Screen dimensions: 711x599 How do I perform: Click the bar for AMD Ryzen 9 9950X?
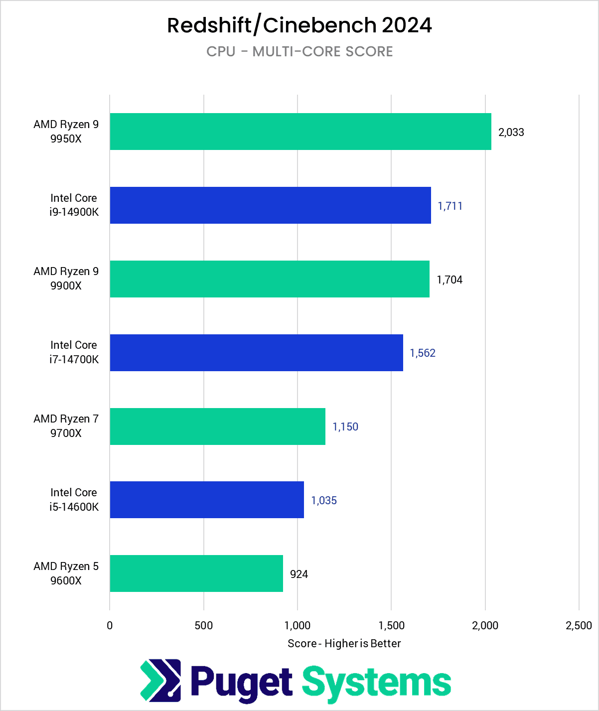click(300, 132)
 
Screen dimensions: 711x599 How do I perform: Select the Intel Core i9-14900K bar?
click(270, 205)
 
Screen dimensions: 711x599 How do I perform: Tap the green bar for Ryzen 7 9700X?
click(217, 427)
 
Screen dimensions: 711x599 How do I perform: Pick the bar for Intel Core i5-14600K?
click(207, 500)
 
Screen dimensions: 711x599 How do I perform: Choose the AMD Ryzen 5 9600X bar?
click(196, 573)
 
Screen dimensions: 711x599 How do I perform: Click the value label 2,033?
click(511, 133)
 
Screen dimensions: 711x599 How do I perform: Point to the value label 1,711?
click(450, 206)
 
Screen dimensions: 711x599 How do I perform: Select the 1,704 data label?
click(449, 280)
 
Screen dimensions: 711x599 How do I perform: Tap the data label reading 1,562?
click(423, 353)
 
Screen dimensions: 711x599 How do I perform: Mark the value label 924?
click(299, 574)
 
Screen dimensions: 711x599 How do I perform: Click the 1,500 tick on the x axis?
click(391, 626)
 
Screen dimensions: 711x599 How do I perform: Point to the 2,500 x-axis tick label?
click(579, 626)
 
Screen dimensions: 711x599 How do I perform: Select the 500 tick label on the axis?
click(204, 626)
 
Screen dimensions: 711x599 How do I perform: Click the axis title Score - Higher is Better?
click(344, 644)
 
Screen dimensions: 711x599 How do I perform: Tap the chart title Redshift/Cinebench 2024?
click(299, 25)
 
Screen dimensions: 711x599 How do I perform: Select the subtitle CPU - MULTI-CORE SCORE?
click(299, 52)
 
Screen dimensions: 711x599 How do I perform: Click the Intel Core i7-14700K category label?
click(74, 352)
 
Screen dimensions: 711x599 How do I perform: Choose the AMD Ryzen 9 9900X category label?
click(66, 279)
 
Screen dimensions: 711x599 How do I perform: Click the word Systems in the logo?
click(376, 683)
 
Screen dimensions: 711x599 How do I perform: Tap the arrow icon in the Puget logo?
click(160, 680)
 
